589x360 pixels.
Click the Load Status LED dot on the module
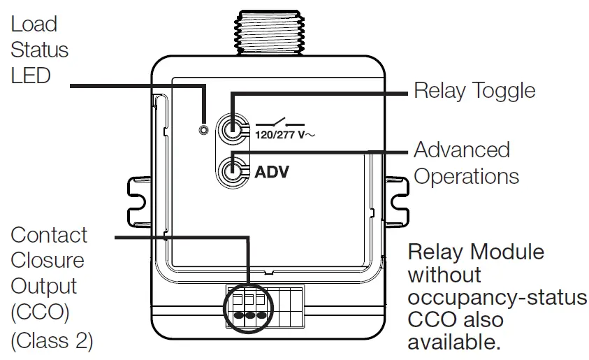[x=204, y=130]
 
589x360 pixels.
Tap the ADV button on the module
[x=231, y=171]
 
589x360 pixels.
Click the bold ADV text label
[x=272, y=171]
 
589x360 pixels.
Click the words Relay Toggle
[x=474, y=91]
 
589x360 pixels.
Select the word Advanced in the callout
[x=462, y=150]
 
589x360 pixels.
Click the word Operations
[x=466, y=175]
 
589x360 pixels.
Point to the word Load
[x=34, y=24]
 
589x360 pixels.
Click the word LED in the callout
[x=31, y=75]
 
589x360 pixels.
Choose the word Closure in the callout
[x=48, y=261]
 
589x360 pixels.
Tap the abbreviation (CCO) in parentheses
[x=40, y=313]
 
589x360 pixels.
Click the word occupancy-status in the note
[x=497, y=298]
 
